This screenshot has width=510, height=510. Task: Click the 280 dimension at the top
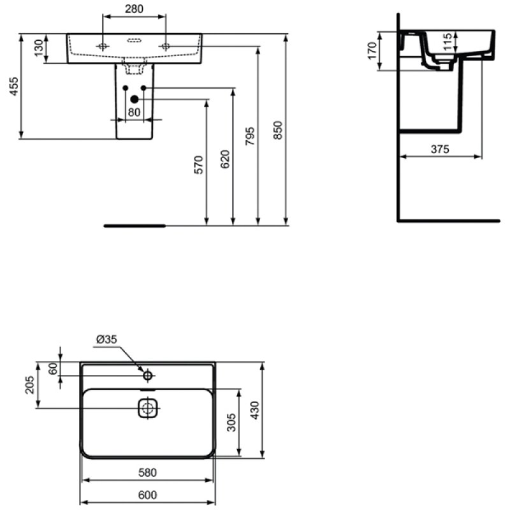[x=134, y=9]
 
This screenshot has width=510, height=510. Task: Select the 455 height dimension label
[x=14, y=86]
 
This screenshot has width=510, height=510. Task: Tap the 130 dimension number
[x=39, y=48]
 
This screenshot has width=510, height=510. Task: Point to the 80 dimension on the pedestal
[x=134, y=112]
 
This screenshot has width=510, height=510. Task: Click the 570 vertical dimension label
[x=198, y=165]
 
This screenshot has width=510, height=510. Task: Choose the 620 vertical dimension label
[x=225, y=159]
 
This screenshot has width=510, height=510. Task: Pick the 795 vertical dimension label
[x=250, y=136]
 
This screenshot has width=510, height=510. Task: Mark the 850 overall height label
[x=278, y=131]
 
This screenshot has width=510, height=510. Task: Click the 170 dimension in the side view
[x=372, y=51]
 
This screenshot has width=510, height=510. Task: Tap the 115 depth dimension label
[x=448, y=41]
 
